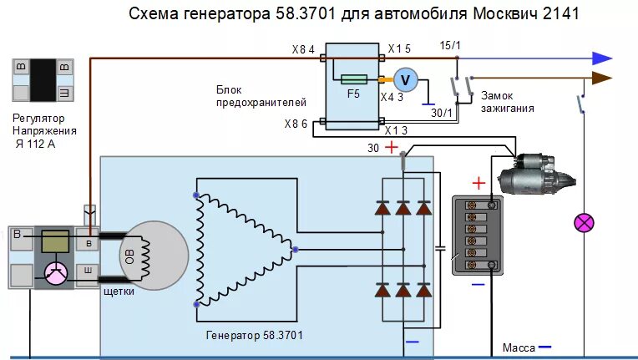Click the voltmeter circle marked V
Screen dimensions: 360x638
point(405,79)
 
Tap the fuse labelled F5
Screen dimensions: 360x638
point(353,80)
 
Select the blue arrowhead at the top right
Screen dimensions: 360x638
point(602,58)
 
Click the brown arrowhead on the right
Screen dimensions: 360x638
point(602,79)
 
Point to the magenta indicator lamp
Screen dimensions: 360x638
point(583,223)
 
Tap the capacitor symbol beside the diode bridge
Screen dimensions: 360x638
point(440,248)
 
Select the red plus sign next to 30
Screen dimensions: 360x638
point(390,148)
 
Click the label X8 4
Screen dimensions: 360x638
point(303,50)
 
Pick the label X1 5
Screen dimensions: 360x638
point(398,50)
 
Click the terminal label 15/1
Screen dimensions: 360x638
point(449,43)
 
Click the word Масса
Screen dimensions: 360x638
point(519,347)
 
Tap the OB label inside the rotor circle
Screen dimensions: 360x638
point(129,257)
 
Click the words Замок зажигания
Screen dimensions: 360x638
point(507,102)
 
